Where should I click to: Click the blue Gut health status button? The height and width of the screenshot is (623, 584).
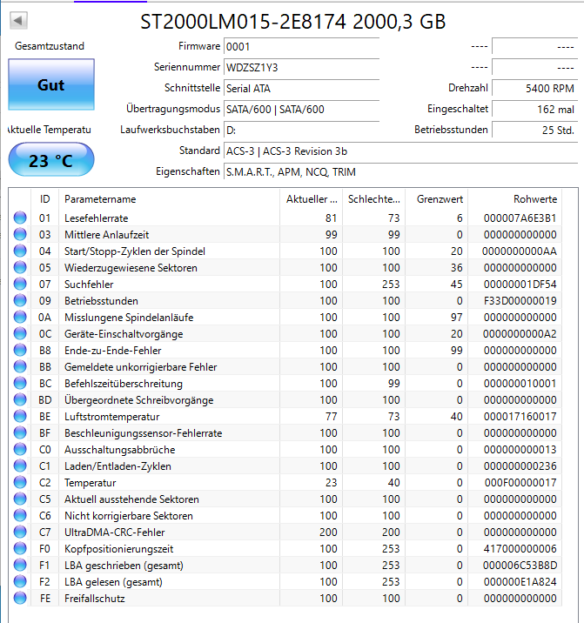(x=50, y=85)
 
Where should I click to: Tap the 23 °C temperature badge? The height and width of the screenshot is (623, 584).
(x=50, y=160)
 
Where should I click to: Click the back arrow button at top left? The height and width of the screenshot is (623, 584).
(x=18, y=19)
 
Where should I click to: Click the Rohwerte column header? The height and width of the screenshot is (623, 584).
(x=534, y=199)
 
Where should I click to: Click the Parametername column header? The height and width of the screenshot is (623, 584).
(x=100, y=199)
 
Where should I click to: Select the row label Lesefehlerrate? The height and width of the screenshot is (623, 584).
(x=96, y=218)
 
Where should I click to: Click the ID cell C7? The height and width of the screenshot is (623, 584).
(x=45, y=533)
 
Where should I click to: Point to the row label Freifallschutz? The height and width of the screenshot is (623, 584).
(x=95, y=599)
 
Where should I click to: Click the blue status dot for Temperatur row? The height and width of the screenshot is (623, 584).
(x=20, y=483)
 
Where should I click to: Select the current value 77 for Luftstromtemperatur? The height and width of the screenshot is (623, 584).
(x=329, y=417)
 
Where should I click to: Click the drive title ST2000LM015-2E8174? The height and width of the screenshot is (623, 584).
(x=244, y=21)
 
